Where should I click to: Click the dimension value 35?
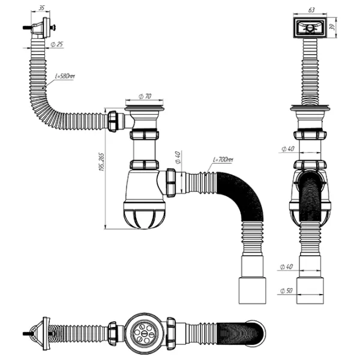pos(41,8)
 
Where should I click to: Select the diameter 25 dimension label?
pos(59,45)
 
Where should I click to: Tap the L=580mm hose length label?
pos(64,76)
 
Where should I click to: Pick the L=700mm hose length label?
pos(222,161)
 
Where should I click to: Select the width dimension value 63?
pos(311,10)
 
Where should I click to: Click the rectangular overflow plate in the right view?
pos(311,27)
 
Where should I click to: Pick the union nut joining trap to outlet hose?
pos(170,182)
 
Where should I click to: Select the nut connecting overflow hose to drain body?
pos(113,121)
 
